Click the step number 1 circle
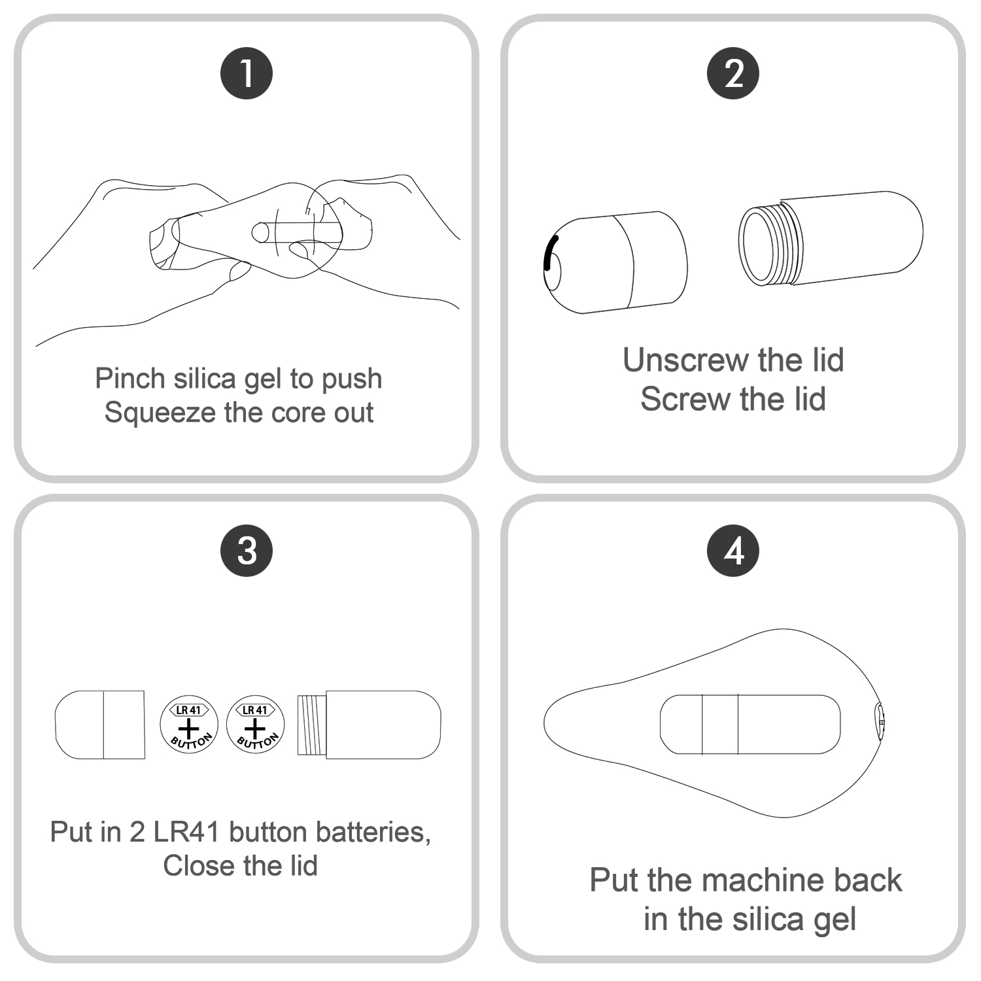pos(246,73)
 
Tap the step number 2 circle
pos(733,73)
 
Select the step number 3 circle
pos(246,550)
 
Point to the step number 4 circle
pos(733,550)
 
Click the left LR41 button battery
pos(189,725)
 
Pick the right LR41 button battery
pos(256,725)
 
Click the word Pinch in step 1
pos(129,379)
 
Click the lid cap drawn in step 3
pos(99,725)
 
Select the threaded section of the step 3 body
pos(312,725)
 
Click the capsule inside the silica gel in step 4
pos(749,725)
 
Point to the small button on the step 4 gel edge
pos(880,722)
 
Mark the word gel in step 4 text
pos(833,920)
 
